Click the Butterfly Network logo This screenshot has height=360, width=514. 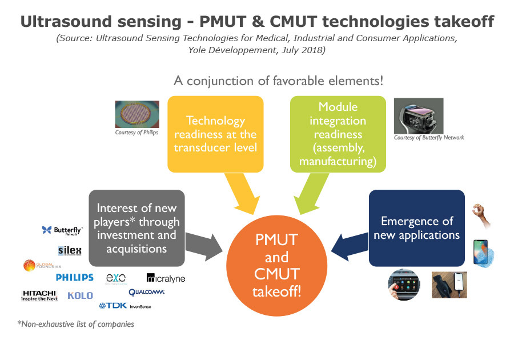click(x=62, y=230)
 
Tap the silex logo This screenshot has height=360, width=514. click(x=69, y=250)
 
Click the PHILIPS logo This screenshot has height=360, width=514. click(x=74, y=278)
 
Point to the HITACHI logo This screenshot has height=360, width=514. click(x=39, y=295)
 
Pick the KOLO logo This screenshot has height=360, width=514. click(x=80, y=295)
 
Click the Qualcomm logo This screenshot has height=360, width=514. click(x=147, y=292)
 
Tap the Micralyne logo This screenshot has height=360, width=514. click(x=166, y=278)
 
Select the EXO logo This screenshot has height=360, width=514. click(x=116, y=278)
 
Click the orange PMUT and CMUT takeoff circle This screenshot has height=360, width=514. click(x=277, y=266)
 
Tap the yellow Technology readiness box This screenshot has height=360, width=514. click(x=215, y=134)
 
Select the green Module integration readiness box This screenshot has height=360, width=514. click(x=338, y=134)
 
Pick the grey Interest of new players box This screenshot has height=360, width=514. click(x=136, y=228)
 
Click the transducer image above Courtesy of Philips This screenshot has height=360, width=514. click(x=136, y=114)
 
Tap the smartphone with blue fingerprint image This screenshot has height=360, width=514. click(x=482, y=252)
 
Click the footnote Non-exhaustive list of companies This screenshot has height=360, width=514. click(x=76, y=324)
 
